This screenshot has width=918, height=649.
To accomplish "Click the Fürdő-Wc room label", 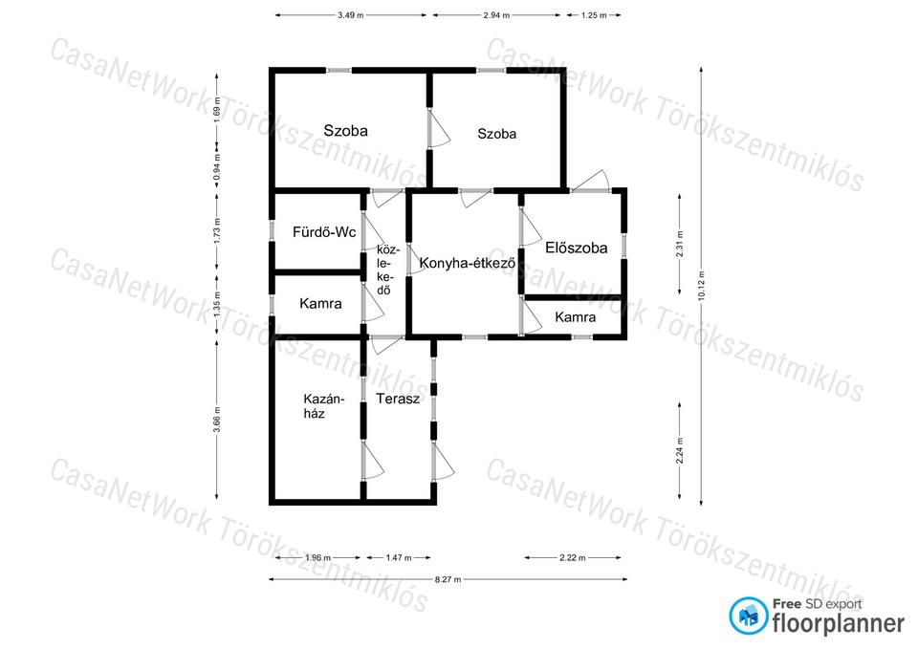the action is pos(324,232).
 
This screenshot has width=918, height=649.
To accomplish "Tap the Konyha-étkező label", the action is pos(468,264).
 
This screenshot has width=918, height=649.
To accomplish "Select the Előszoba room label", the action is pos(576,248).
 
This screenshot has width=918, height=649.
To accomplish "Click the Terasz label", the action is pos(398,400).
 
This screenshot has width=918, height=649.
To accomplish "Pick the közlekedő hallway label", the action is pos(386,270).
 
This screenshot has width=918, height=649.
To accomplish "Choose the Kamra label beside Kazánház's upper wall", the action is pos(320,304).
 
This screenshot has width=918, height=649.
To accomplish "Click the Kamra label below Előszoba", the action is pos(576,317).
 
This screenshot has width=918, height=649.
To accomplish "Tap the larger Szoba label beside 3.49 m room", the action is pos(345,131).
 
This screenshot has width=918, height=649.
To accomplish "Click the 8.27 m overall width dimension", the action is pos(448,579).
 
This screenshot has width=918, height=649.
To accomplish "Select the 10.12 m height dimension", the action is pos(701,286).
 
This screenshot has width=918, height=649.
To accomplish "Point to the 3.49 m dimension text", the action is pos(350,15).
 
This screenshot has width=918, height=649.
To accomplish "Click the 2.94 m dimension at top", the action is pos(496,15).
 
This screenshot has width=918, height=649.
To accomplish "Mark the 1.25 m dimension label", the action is pos(594,15).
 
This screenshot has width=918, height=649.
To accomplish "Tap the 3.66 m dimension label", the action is pos(217,420).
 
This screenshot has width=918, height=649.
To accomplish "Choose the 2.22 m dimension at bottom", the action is pos(572,557).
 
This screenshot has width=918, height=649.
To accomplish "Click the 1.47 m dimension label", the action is pos(399,557).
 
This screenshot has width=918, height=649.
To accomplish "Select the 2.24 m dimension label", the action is pos(679,450).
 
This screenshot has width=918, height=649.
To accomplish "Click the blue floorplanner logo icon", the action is pos(748,616).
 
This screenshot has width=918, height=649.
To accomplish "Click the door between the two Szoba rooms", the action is pos(436,129).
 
